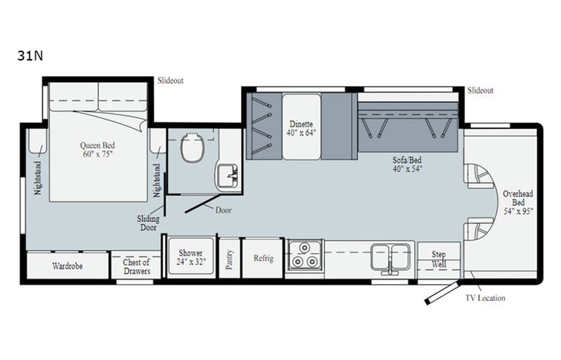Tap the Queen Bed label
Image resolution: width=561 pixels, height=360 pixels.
click(97, 148)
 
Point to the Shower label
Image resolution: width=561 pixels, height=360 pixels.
click(190, 257)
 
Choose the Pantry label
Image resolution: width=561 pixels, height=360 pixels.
click(228, 257)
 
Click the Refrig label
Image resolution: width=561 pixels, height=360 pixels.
click(263, 258)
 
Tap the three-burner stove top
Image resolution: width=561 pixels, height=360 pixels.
click(305, 256)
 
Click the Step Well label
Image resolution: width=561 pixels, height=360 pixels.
click(439, 259)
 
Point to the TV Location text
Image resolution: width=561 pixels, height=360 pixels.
click(485, 298)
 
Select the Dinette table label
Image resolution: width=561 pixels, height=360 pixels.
click(302, 127)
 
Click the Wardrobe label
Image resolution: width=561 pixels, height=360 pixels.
click(68, 266)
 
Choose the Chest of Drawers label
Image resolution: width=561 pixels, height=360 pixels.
click(137, 266)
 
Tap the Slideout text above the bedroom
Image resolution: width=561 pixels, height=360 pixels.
click(170, 80)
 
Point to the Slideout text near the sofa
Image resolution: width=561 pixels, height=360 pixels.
click(480, 90)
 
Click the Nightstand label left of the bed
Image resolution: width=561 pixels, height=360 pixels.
click(36, 177)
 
